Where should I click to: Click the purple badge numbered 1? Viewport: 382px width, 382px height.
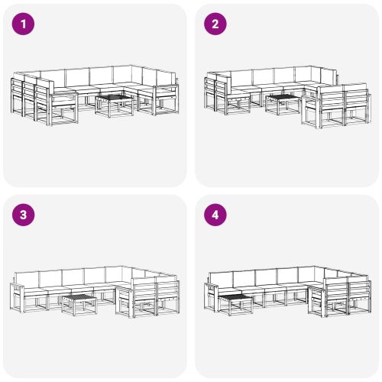[24, 24]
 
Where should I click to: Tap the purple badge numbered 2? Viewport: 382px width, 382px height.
[215, 24]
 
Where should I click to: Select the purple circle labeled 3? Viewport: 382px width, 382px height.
[24, 215]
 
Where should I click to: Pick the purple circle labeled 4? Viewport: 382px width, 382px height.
[215, 215]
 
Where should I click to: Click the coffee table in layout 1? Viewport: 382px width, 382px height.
[115, 102]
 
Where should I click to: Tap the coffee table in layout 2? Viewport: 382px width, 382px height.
[283, 102]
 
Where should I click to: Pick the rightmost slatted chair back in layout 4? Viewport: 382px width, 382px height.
[358, 291]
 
